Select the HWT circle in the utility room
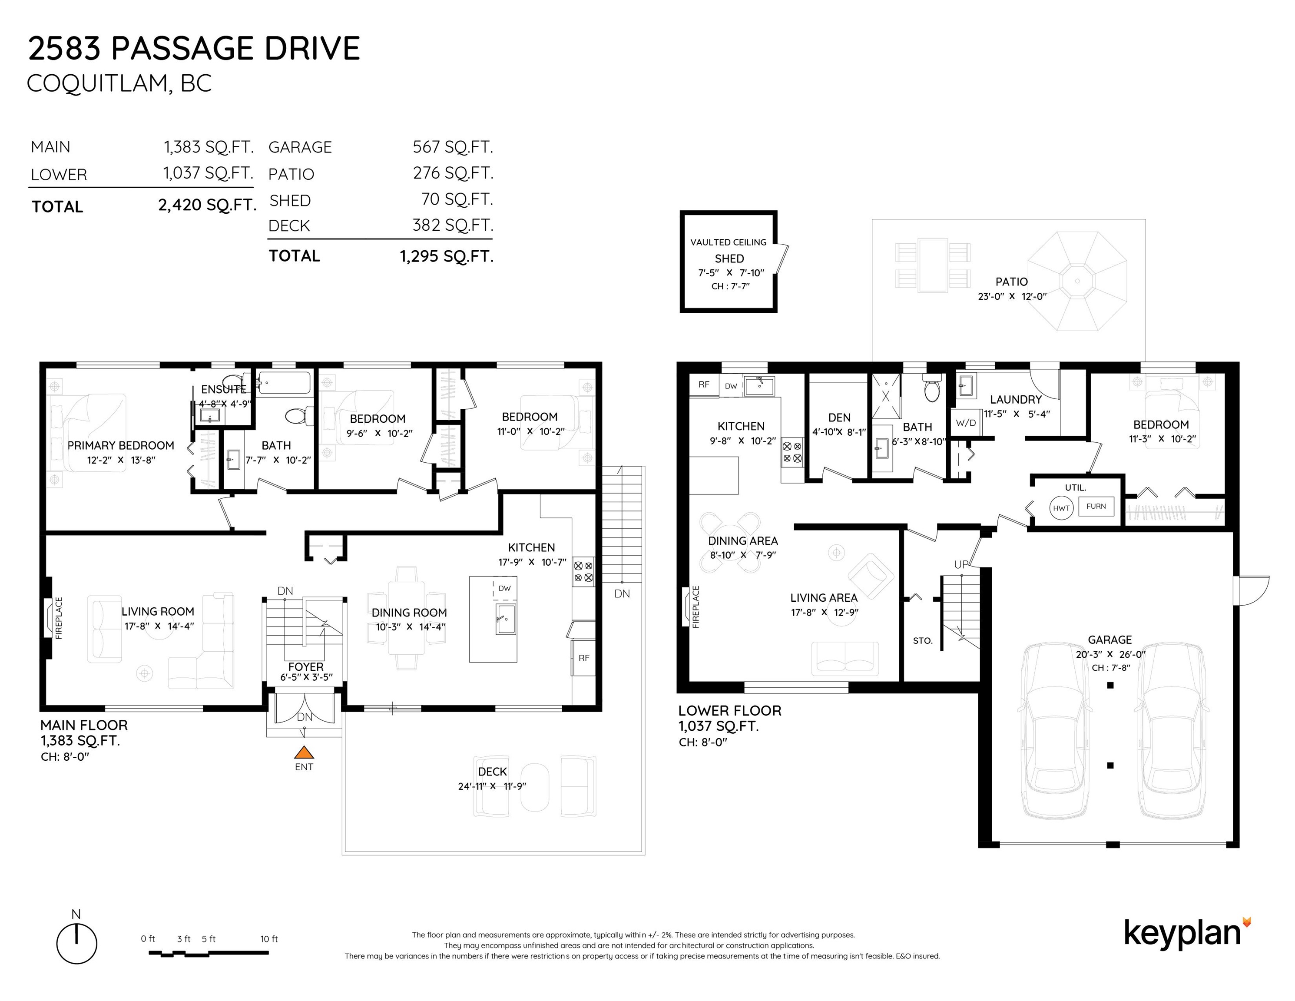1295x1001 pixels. [1061, 508]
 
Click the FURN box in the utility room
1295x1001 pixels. [1096, 507]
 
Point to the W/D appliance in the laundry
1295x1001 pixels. [965, 423]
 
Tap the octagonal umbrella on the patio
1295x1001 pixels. [1077, 281]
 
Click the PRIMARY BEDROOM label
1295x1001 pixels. [120, 445]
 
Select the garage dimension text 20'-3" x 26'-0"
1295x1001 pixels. [1110, 655]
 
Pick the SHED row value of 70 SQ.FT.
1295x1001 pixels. [457, 199]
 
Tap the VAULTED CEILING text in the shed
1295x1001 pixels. [728, 242]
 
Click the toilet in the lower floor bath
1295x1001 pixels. [933, 388]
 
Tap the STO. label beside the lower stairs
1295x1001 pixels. [923, 640]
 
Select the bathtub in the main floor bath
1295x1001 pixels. [284, 383]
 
